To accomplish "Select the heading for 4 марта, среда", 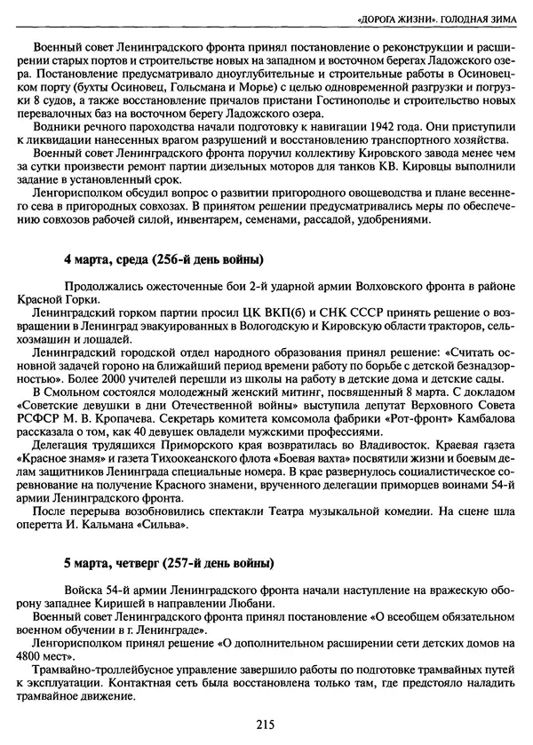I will (x=163, y=260).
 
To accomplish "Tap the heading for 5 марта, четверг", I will (x=169, y=564).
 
